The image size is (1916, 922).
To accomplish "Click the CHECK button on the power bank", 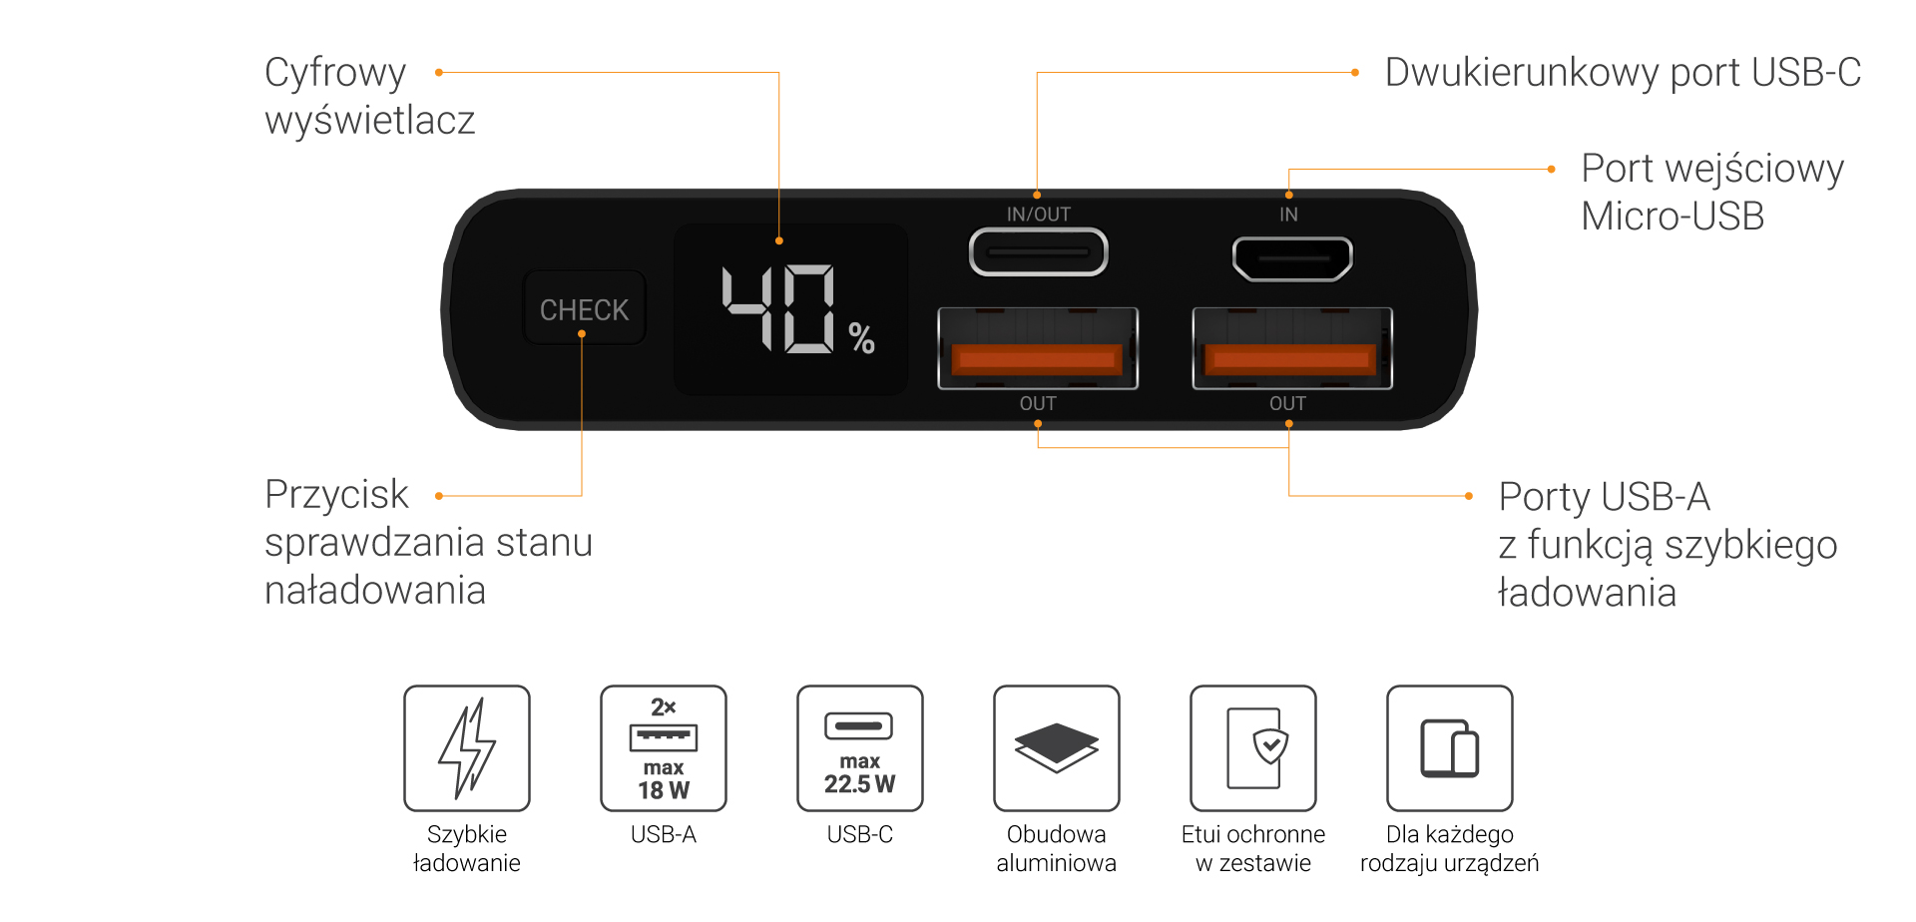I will coord(584,309).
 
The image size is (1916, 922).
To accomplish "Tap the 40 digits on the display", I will coord(778,308).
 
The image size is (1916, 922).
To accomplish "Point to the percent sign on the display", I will coord(862,338).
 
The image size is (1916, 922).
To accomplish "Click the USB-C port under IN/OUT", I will coord(1038,252).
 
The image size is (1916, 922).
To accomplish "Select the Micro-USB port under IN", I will coord(1292,258).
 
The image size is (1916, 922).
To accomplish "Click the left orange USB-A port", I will coord(1038,348).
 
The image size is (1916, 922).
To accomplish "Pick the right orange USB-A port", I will coord(1291,348).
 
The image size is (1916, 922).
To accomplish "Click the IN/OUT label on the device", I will coord(1038,215).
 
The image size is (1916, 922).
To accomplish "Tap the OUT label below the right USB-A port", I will coord(1287,403).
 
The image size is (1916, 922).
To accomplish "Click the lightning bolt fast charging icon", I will coord(467,747).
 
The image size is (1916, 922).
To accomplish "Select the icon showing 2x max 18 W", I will coord(664,747).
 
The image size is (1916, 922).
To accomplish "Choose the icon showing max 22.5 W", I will coord(860,747).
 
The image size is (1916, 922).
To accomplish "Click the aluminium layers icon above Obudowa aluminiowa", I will coord(1057,747).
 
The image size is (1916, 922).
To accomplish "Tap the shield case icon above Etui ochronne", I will coord(1253,747).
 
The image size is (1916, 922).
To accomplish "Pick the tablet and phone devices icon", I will coord(1450,747).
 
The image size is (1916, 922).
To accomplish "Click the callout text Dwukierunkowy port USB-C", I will coord(1623,73).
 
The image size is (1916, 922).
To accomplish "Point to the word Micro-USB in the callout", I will coord(1673,217).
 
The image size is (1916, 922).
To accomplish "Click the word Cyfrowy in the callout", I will coord(335,73).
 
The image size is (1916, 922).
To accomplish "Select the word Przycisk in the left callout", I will coord(336,495).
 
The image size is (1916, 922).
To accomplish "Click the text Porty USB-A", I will coord(1604,497).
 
